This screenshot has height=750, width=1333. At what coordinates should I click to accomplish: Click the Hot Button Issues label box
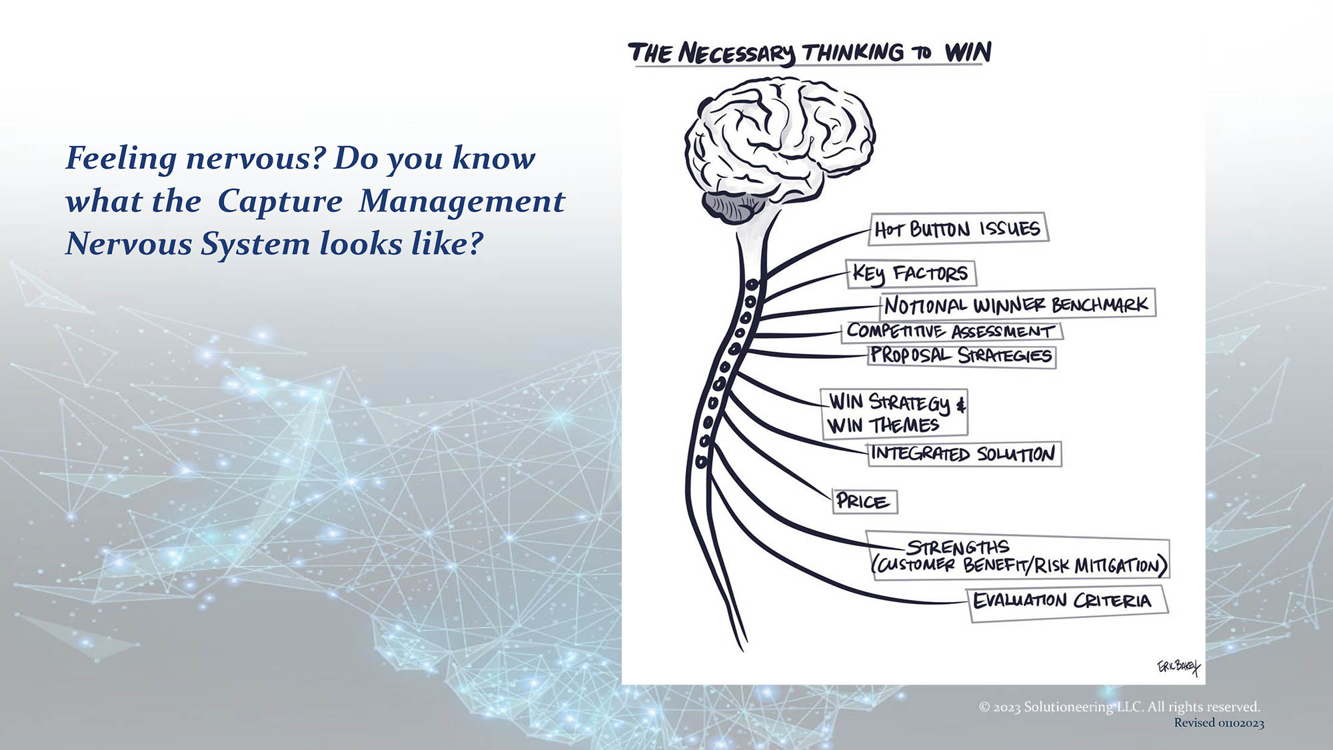(959, 228)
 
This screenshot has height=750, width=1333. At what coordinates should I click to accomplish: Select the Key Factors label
(911, 274)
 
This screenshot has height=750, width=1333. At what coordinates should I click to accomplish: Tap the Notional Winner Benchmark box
(1018, 304)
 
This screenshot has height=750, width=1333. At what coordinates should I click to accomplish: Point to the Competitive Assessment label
(952, 331)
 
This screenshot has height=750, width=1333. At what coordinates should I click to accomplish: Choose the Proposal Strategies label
(962, 356)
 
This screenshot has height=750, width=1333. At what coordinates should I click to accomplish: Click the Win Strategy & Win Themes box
(895, 413)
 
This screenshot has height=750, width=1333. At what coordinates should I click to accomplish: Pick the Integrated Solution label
(964, 454)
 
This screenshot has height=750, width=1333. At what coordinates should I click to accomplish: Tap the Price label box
(864, 501)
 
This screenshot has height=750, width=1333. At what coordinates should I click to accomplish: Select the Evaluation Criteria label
(1066, 603)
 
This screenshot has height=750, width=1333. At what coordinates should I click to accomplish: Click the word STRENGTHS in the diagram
(958, 547)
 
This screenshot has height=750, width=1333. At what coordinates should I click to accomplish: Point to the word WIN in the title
(968, 52)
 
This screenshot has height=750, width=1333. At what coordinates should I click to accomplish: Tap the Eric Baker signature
(1178, 666)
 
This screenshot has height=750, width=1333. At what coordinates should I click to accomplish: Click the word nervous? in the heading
(256, 159)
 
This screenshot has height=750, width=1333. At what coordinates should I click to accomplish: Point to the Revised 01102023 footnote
(1219, 723)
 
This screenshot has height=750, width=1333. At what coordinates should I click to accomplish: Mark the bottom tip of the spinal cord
(742, 650)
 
